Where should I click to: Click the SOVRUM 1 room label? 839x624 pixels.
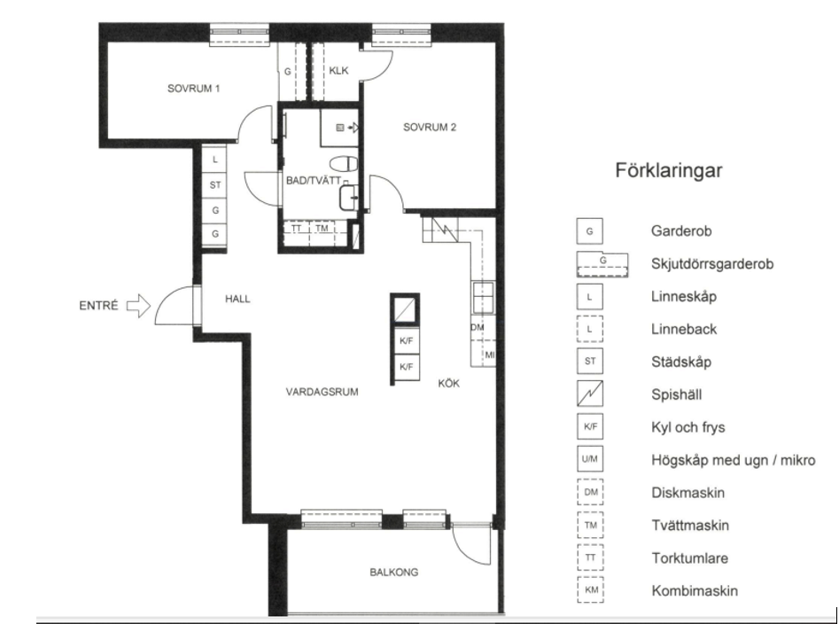coord(194,89)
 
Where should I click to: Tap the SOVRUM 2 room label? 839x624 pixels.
coord(430,127)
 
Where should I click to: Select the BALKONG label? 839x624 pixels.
coord(394,572)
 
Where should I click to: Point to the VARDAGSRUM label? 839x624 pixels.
coord(322,392)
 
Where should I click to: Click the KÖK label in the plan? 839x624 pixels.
coord(448,383)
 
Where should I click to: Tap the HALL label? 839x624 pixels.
coord(237,299)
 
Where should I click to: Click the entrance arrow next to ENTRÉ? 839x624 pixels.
coord(139,306)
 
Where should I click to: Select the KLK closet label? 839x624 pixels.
coord(338,71)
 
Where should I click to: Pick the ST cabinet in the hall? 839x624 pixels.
coord(215,185)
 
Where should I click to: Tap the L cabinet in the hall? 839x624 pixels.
coord(215,160)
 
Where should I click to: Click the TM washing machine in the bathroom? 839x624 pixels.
coord(322,229)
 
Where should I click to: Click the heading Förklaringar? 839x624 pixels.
coord(668,171)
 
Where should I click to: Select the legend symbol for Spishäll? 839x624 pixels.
coord(590,394)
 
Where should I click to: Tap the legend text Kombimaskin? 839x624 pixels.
coord(695,591)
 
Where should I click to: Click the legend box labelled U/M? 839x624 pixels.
coord(590,458)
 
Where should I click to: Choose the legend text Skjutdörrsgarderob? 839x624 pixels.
coord(712,264)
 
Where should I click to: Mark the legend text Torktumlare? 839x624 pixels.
coord(689,558)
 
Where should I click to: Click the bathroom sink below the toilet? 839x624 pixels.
coord(348,198)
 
